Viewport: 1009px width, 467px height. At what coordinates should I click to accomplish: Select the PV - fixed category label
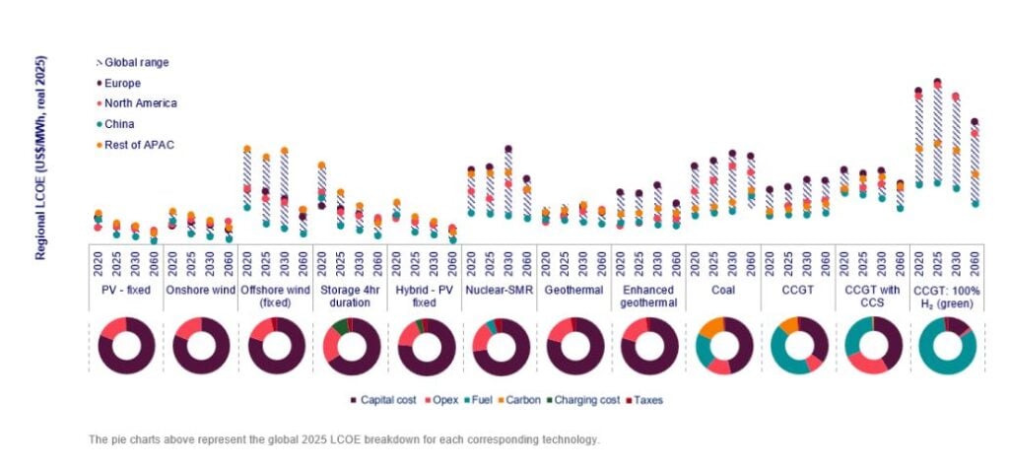tap(126, 291)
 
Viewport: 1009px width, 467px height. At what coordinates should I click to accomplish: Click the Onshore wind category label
tap(201, 291)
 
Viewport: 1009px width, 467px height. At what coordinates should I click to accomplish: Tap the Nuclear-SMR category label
tap(500, 291)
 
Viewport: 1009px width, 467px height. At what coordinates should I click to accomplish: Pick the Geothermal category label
tap(574, 291)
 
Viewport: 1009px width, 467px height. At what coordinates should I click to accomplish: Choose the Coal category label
tap(724, 291)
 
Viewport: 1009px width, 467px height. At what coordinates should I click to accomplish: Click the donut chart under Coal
tap(724, 346)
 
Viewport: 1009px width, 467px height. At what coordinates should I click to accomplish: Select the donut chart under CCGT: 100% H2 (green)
tap(948, 346)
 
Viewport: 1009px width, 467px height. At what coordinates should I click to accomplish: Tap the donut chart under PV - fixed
tap(126, 346)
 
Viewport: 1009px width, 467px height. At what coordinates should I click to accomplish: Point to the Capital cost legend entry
tap(388, 400)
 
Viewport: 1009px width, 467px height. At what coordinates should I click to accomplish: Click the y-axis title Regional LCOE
tap(42, 159)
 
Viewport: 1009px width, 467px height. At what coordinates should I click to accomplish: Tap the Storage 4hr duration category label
tap(351, 297)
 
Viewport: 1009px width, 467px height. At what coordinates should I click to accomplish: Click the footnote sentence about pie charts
tap(343, 438)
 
